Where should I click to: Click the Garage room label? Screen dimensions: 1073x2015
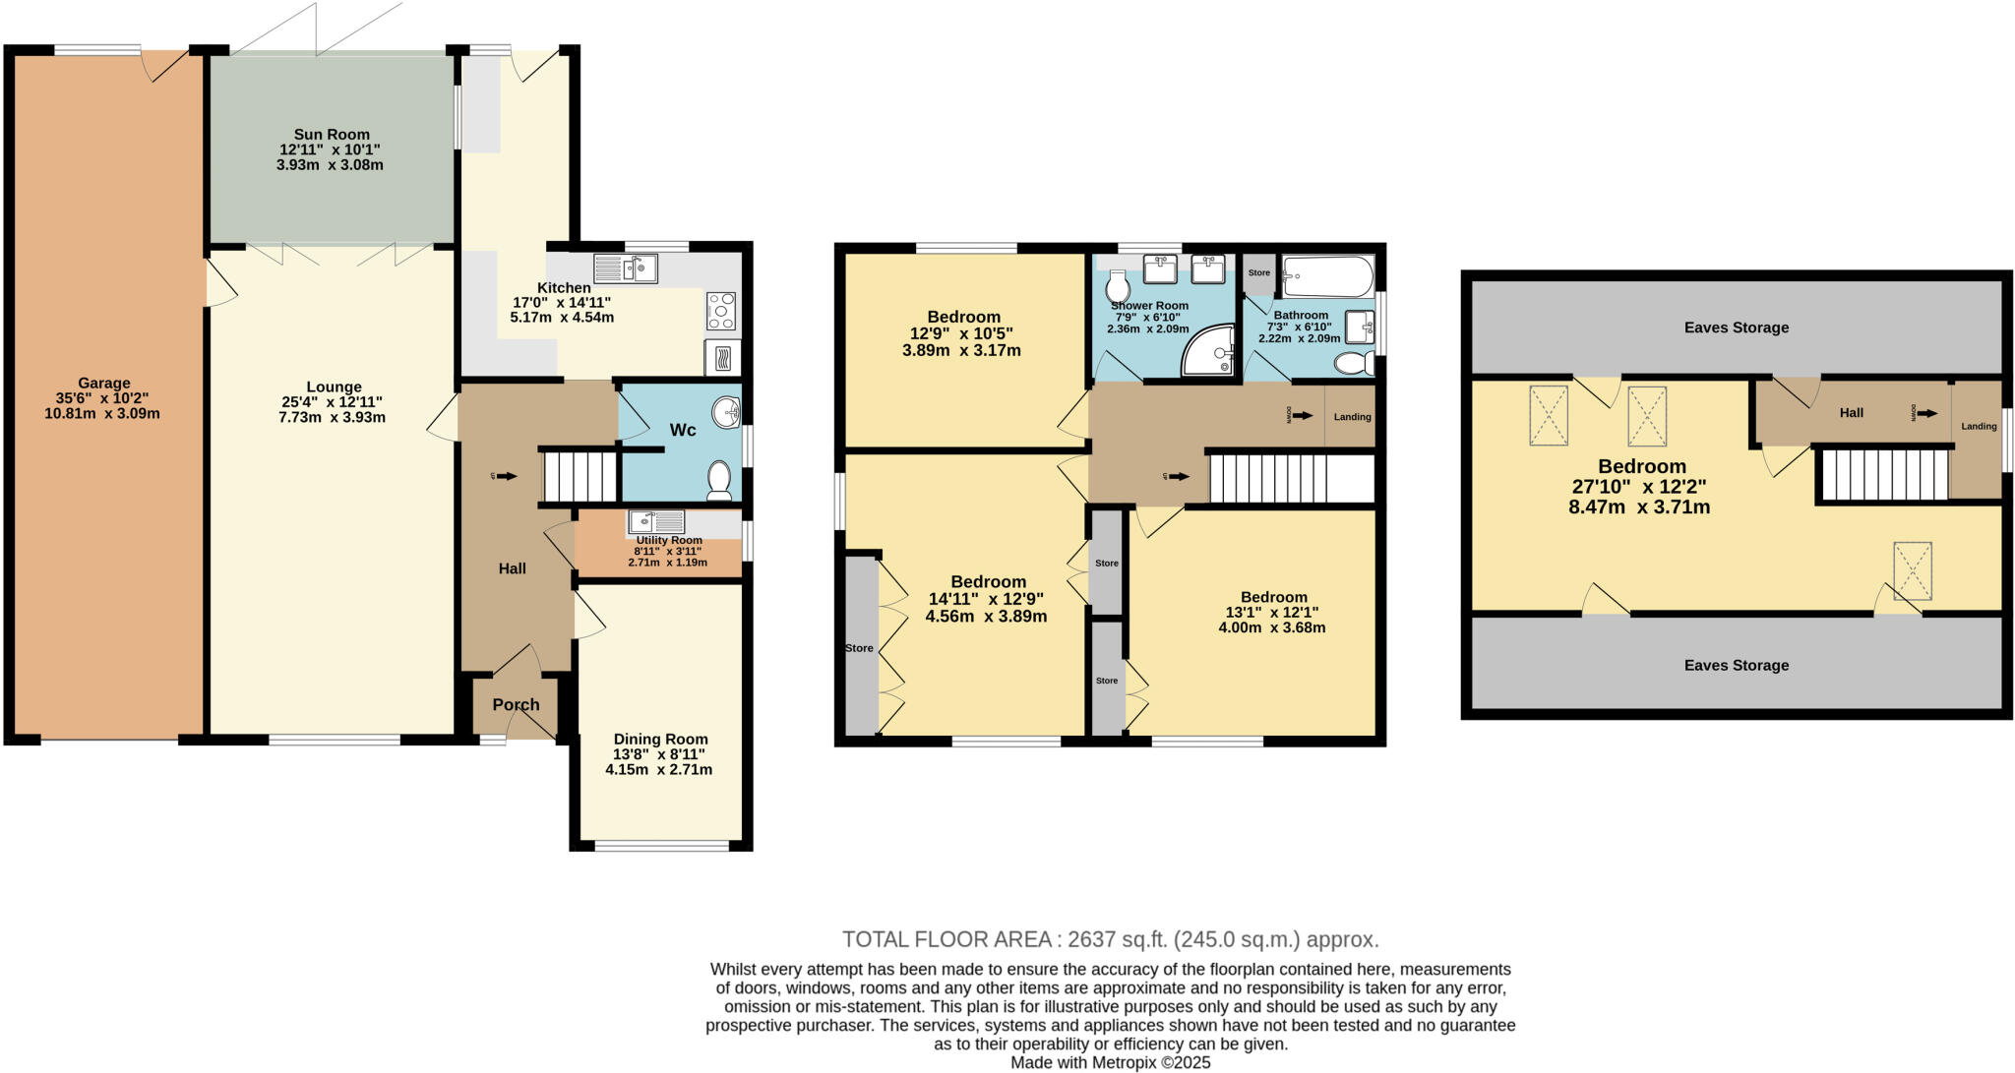point(103,384)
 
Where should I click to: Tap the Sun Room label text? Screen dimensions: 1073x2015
point(332,135)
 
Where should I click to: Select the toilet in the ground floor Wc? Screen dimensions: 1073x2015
point(719,481)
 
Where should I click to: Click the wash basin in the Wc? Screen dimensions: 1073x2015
point(727,413)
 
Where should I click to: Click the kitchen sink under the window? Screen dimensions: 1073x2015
point(626,268)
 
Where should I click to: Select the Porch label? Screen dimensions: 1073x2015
point(516,705)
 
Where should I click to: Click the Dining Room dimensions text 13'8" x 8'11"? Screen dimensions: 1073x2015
point(659,754)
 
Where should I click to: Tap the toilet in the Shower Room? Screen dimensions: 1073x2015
point(1119,288)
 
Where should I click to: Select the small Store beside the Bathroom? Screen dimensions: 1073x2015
point(1258,273)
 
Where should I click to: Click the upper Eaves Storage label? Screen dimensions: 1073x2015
point(1736,328)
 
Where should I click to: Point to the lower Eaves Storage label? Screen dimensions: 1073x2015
point(1736,665)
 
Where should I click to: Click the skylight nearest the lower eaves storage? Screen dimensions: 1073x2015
point(1913,570)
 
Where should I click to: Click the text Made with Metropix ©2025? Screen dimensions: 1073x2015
point(1110,1062)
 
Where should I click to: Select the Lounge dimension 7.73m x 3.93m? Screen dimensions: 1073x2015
point(332,418)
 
